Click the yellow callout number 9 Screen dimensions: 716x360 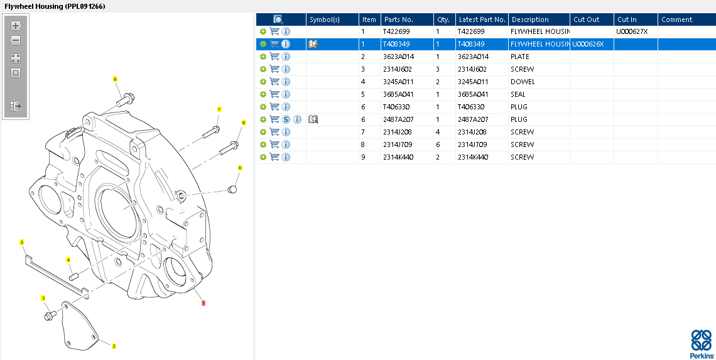click(115, 79)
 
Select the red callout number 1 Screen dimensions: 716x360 click(203, 302)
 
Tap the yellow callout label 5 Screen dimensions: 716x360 click(22, 242)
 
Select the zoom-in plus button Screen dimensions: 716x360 click(16, 26)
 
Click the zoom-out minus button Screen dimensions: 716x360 click(16, 41)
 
